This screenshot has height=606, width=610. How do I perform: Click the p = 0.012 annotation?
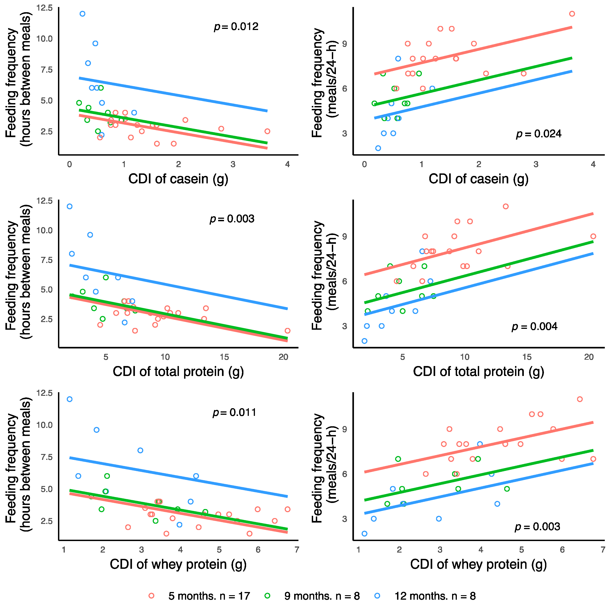click(x=236, y=27)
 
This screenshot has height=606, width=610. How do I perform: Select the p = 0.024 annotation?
click(x=539, y=134)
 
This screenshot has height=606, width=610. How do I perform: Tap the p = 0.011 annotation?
click(x=234, y=412)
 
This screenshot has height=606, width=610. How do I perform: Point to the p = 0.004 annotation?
click(x=534, y=326)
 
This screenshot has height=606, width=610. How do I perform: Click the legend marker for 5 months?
click(x=152, y=596)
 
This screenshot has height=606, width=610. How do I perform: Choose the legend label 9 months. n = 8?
click(x=322, y=596)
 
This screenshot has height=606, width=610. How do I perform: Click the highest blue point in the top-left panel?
click(x=82, y=14)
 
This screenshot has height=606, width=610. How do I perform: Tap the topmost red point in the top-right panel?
click(x=572, y=14)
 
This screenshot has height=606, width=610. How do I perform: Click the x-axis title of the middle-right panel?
click(x=478, y=371)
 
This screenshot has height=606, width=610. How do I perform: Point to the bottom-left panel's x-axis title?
click(x=178, y=564)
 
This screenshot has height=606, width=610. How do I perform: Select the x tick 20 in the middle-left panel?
click(x=283, y=357)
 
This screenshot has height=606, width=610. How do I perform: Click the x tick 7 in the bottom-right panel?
click(x=603, y=549)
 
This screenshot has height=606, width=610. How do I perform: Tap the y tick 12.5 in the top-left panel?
click(x=44, y=8)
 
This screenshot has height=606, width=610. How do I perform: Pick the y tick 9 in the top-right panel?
click(x=344, y=44)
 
